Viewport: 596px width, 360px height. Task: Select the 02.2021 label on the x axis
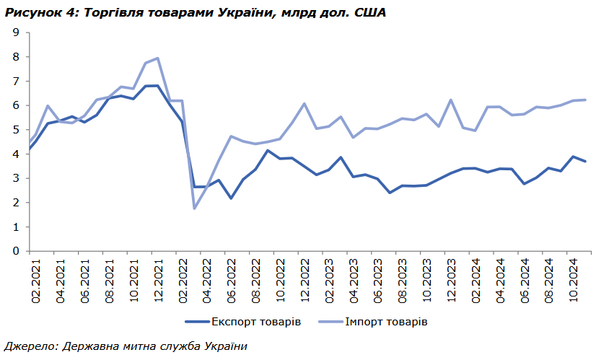(x=35, y=278)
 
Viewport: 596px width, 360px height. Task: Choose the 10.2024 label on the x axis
(x=574, y=278)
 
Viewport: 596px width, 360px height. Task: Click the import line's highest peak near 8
(x=157, y=58)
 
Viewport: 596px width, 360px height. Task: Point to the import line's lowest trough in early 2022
(x=195, y=208)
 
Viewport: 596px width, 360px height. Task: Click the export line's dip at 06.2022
(x=232, y=198)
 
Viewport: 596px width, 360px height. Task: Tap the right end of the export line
(x=585, y=161)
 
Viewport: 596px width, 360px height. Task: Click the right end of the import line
(x=585, y=100)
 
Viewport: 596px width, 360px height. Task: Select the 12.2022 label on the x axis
(x=304, y=278)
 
